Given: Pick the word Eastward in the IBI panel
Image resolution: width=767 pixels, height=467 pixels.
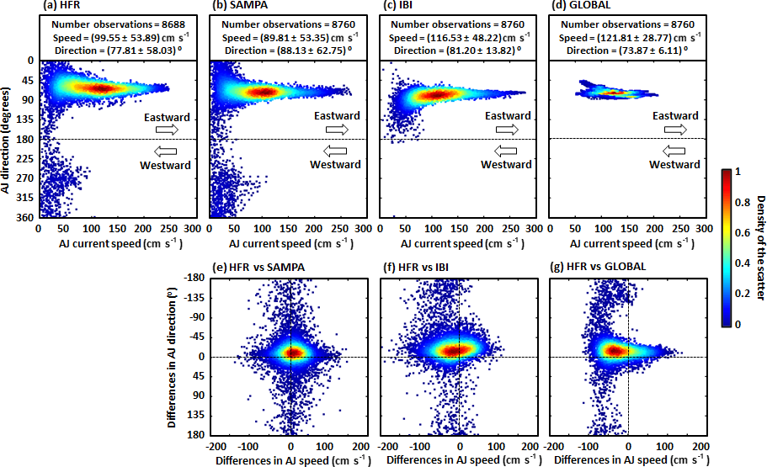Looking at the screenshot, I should point(506,116).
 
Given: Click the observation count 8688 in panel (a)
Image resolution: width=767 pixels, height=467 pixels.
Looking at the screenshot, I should point(175,25).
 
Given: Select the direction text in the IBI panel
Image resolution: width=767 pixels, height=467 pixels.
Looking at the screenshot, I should point(457,50).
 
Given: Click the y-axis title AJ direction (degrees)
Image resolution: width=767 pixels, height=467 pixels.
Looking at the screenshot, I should point(8,140).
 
